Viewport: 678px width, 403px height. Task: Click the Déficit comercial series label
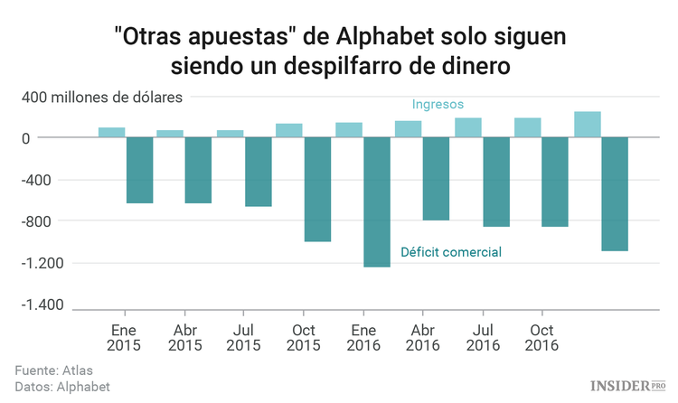pyautogui.click(x=451, y=252)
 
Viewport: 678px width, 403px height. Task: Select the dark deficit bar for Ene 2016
pyautogui.click(x=376, y=201)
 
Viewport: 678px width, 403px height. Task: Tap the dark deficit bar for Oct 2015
pyautogui.click(x=317, y=189)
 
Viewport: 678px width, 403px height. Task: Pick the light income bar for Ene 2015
pyautogui.click(x=111, y=132)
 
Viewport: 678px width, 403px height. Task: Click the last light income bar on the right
pyautogui.click(x=587, y=125)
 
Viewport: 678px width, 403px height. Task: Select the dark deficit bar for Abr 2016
pyautogui.click(x=436, y=178)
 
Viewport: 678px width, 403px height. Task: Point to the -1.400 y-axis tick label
pyautogui.click(x=42, y=305)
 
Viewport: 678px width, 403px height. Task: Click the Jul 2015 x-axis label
pyautogui.click(x=243, y=337)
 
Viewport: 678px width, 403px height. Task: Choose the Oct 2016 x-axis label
pyautogui.click(x=541, y=337)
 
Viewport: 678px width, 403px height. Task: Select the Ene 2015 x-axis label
pyautogui.click(x=125, y=337)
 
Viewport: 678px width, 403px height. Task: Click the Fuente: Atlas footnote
pyautogui.click(x=53, y=370)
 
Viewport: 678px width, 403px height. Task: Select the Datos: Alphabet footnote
pyautogui.click(x=62, y=386)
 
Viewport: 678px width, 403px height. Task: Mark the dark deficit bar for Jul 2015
pyautogui.click(x=258, y=172)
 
